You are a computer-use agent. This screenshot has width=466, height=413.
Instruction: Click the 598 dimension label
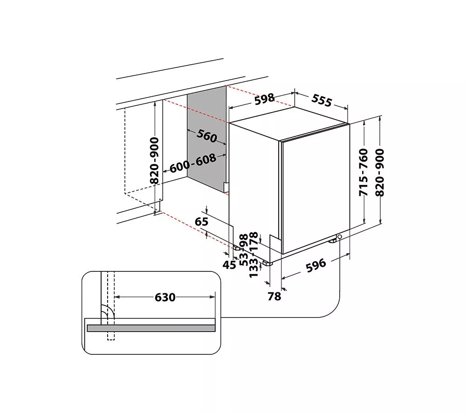click(264, 100)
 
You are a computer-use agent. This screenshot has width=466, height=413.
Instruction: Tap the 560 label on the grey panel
click(207, 136)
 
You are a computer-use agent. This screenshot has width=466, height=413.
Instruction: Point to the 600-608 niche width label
click(193, 163)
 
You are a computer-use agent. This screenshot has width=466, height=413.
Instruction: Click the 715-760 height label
click(364, 172)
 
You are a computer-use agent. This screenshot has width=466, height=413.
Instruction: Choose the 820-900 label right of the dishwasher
click(381, 172)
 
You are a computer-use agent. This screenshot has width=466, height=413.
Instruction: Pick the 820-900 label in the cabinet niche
click(155, 160)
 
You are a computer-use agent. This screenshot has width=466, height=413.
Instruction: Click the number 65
click(201, 222)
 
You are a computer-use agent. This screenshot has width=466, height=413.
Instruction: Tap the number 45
click(229, 264)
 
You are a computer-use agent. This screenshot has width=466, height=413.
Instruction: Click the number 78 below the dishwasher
click(274, 295)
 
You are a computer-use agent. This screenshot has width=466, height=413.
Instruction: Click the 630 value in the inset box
click(165, 297)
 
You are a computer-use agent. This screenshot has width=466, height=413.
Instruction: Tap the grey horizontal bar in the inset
click(151, 328)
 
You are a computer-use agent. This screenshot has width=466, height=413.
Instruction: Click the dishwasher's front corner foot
click(267, 263)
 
